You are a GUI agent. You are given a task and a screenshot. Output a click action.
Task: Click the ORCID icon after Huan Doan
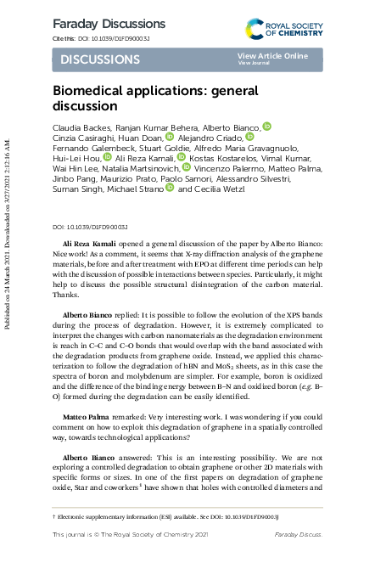click(169, 137)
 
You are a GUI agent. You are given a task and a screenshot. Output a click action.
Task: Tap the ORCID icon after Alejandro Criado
click(249, 137)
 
